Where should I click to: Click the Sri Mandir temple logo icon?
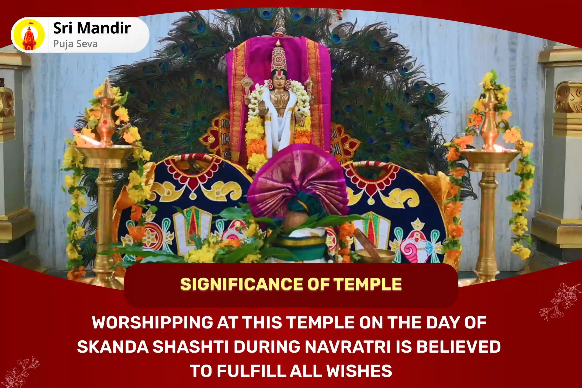29,35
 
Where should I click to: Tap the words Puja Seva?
75,44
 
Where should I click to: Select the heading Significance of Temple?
291,284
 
